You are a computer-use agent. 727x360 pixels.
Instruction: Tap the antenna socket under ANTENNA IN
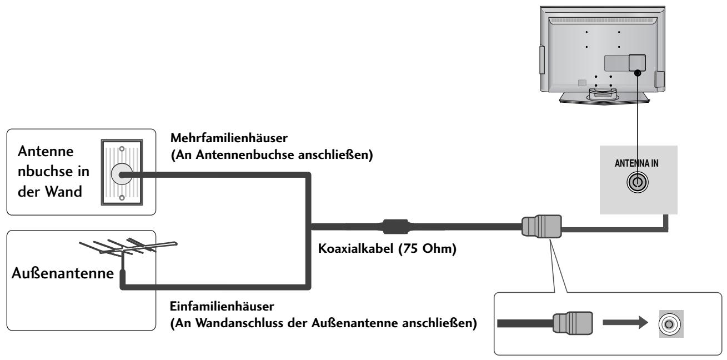(638, 182)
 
